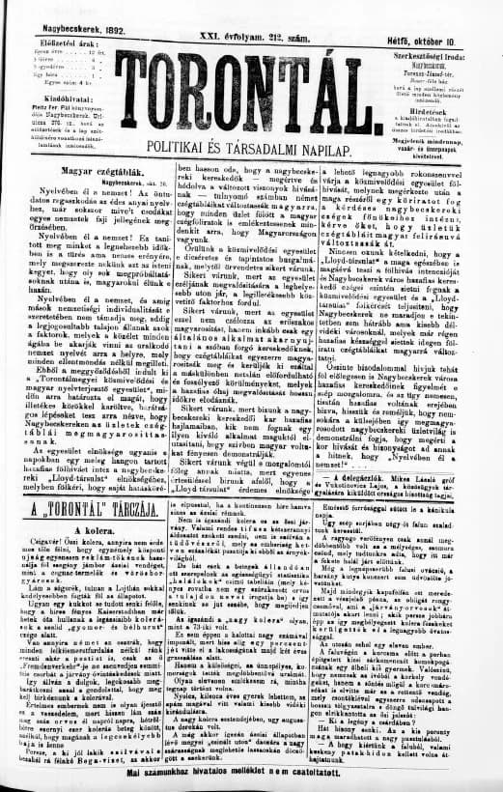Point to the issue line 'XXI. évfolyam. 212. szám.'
[254, 30]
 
